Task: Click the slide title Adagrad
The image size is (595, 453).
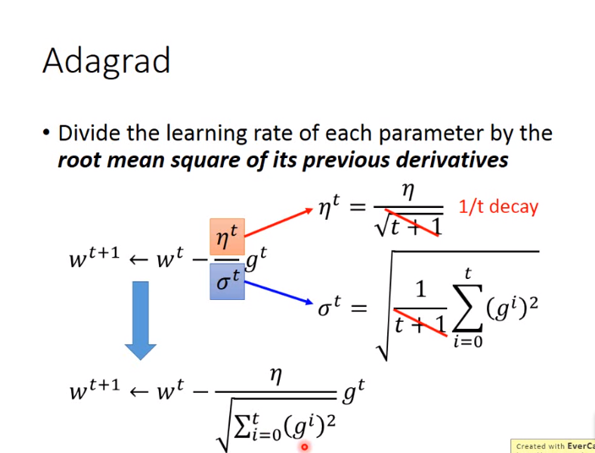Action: (x=106, y=61)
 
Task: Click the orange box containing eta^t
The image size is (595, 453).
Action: (x=227, y=237)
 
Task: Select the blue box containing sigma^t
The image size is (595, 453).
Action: (x=227, y=281)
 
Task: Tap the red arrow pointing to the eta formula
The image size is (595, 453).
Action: (x=278, y=222)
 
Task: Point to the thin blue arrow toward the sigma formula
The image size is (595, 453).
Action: (x=279, y=292)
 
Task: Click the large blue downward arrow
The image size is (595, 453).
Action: (x=140, y=320)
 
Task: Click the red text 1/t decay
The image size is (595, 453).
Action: (x=499, y=207)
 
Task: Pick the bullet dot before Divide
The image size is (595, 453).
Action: (x=46, y=134)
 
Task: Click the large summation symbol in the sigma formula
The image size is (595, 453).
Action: (x=467, y=309)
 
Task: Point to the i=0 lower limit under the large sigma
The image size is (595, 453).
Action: (x=467, y=341)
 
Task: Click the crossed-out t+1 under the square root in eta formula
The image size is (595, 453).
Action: (x=414, y=226)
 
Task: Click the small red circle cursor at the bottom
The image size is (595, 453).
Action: (x=304, y=447)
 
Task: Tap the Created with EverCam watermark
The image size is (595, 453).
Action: (x=554, y=446)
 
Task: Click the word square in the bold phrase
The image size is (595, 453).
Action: (x=206, y=161)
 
